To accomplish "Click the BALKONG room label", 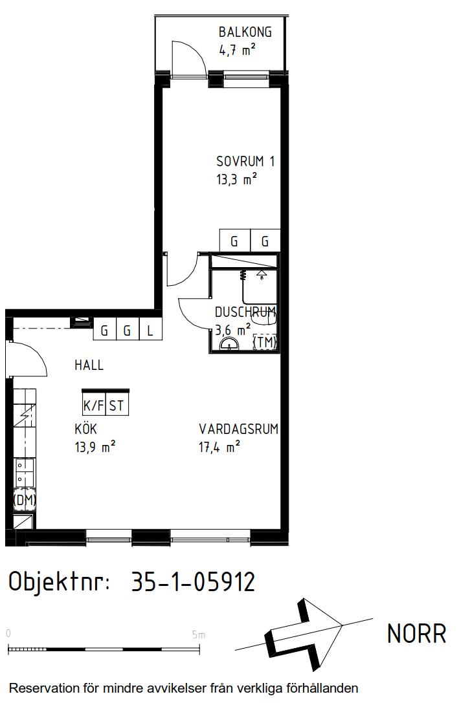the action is pyautogui.click(x=245, y=32).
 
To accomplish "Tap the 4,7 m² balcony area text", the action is pyautogui.click(x=238, y=49).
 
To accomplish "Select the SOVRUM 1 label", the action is pyautogui.click(x=245, y=161).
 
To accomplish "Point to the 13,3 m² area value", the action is pyautogui.click(x=236, y=179).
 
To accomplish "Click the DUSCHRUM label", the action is pyautogui.click(x=245, y=312).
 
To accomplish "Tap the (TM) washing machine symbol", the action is pyautogui.click(x=265, y=342).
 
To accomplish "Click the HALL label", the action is pyautogui.click(x=89, y=365).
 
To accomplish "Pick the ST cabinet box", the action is pyautogui.click(x=117, y=406).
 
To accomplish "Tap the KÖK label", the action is pyautogui.click(x=85, y=428).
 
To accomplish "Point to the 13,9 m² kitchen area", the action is pyautogui.click(x=95, y=447).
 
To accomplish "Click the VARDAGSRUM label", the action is pyautogui.click(x=239, y=429).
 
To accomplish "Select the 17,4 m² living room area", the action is pyautogui.click(x=219, y=447).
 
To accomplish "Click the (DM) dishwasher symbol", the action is pyautogui.click(x=25, y=500).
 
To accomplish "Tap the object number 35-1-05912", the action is pyautogui.click(x=193, y=582).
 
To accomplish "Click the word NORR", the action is pyautogui.click(x=416, y=634).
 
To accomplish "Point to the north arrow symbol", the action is pyautogui.click(x=304, y=634).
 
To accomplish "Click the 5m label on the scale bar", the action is pyautogui.click(x=198, y=635).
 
